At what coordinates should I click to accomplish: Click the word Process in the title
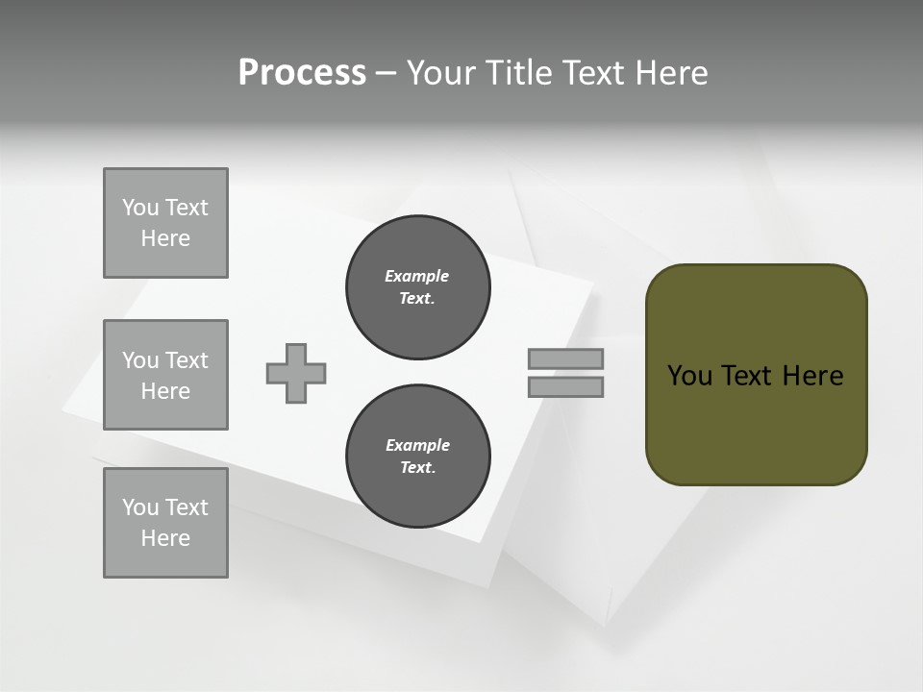point(302,73)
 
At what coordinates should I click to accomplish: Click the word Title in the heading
point(520,73)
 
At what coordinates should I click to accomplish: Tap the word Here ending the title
point(671,73)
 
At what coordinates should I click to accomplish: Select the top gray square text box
point(165,223)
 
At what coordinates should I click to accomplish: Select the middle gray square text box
point(165,375)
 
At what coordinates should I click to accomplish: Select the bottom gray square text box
point(165,523)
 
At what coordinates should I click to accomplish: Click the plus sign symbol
point(296,374)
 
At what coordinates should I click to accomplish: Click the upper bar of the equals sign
point(566,359)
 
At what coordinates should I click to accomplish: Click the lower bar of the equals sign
point(566,387)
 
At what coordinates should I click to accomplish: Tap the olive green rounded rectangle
point(756,423)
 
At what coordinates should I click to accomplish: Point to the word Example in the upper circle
point(417,276)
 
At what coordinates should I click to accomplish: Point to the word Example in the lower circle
point(417,445)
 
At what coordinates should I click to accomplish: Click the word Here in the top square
point(165,238)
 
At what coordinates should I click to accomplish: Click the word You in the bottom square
point(140,507)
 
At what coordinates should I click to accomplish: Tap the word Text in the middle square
point(186,360)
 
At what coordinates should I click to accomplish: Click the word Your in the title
point(442,73)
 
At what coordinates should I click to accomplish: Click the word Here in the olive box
point(812,376)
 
